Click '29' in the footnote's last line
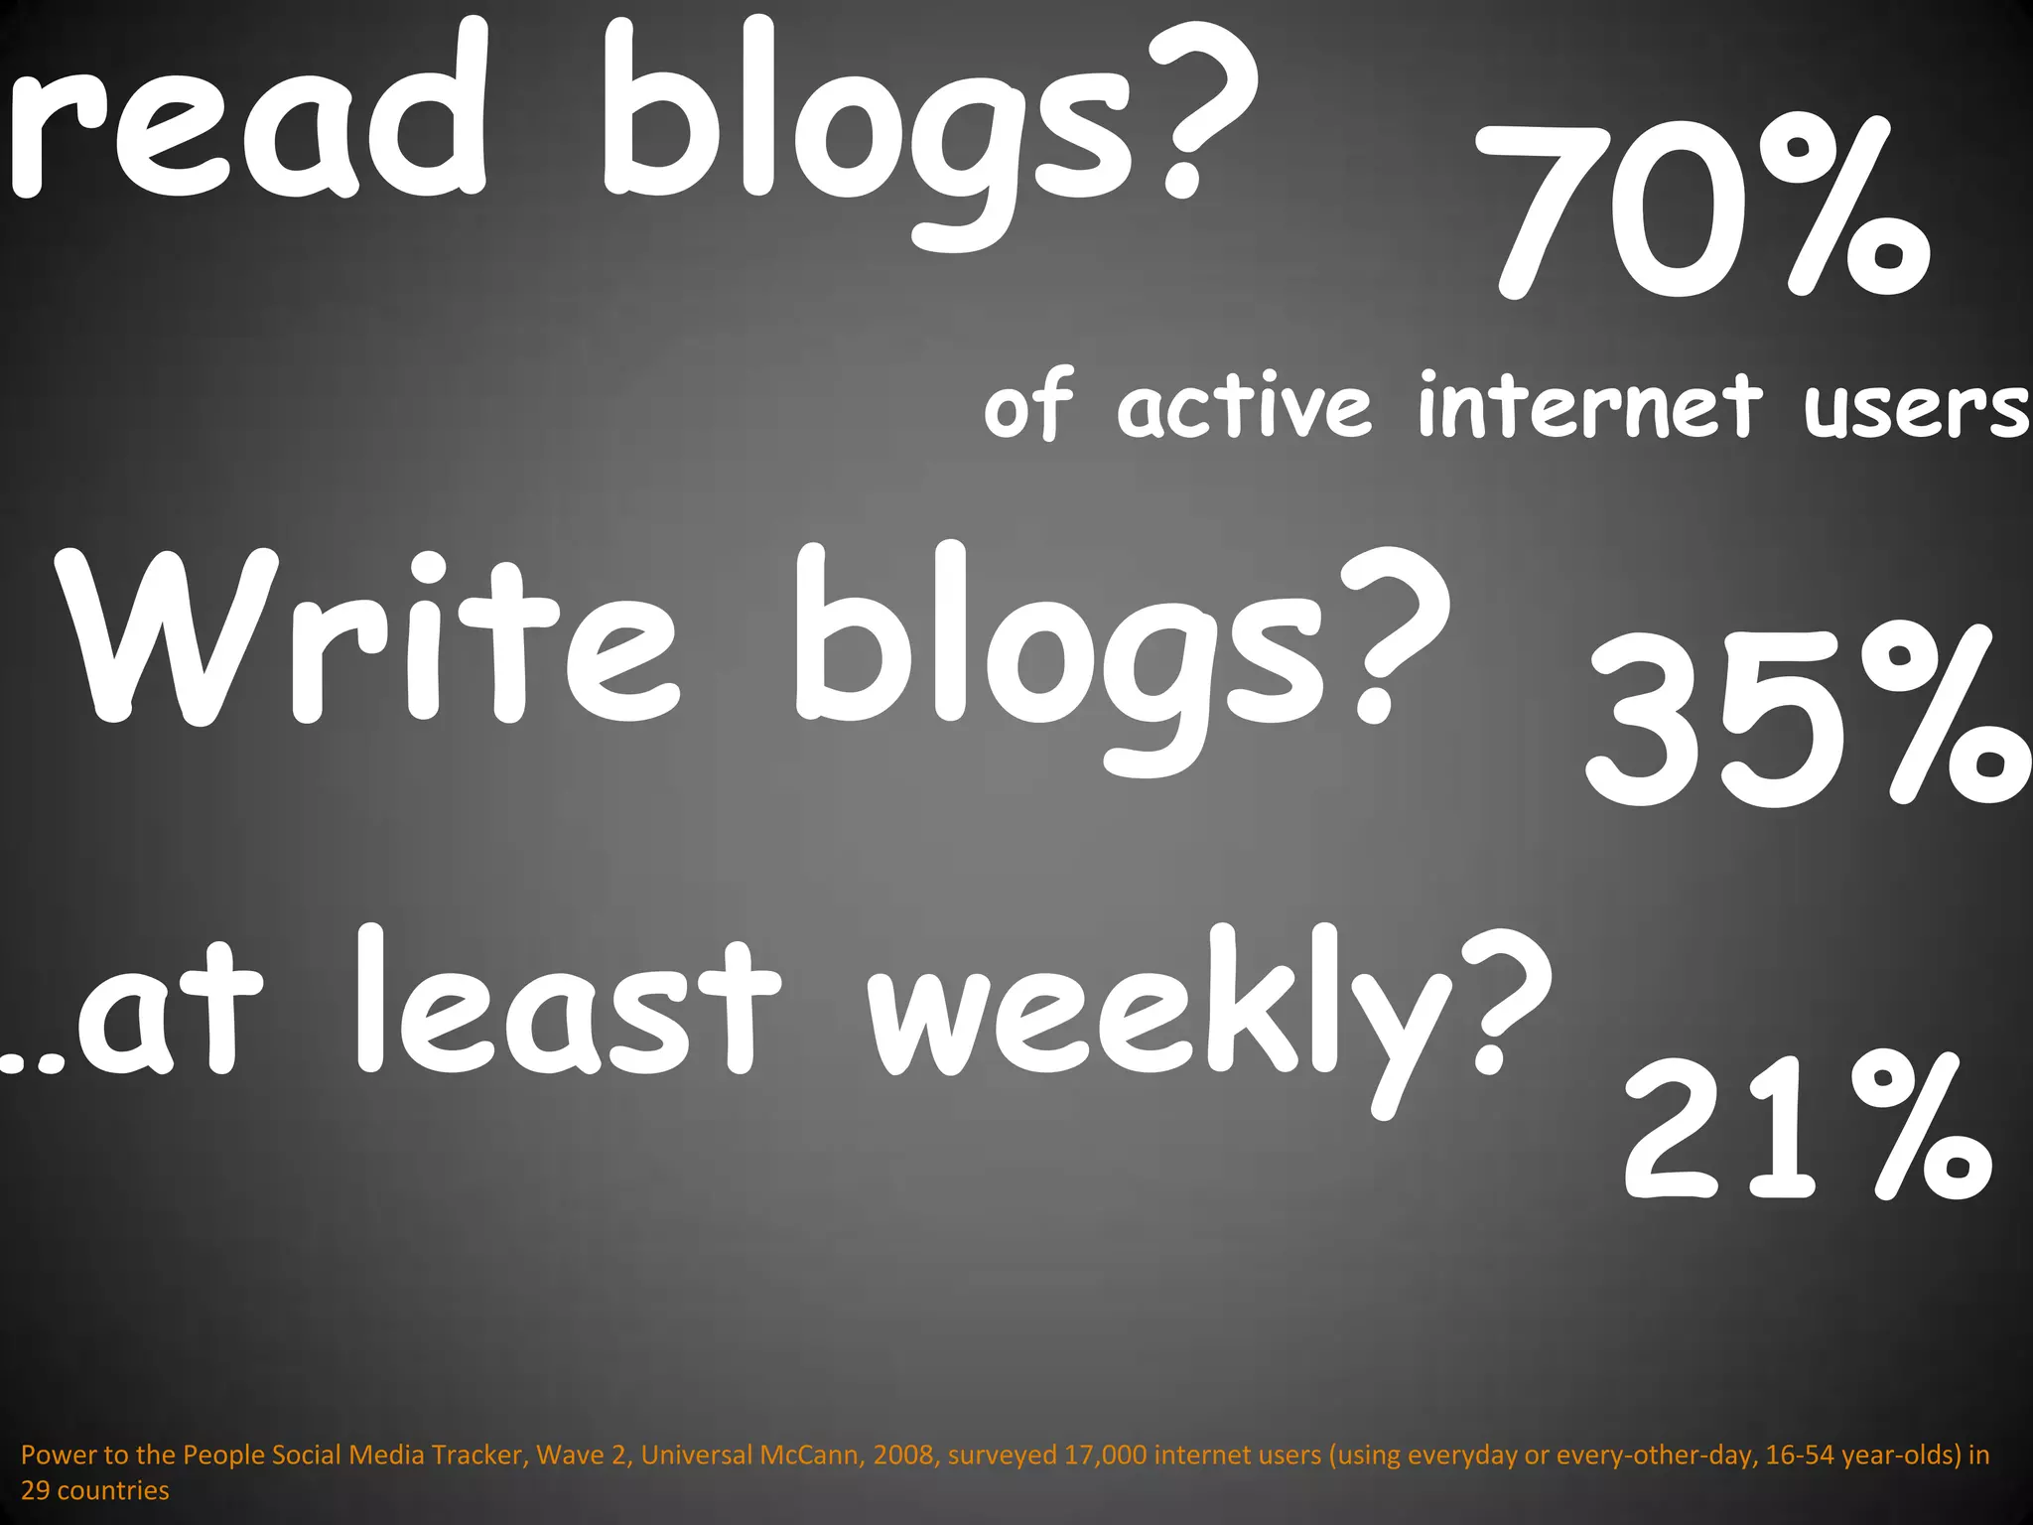(36, 1491)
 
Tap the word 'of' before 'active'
(1027, 407)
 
